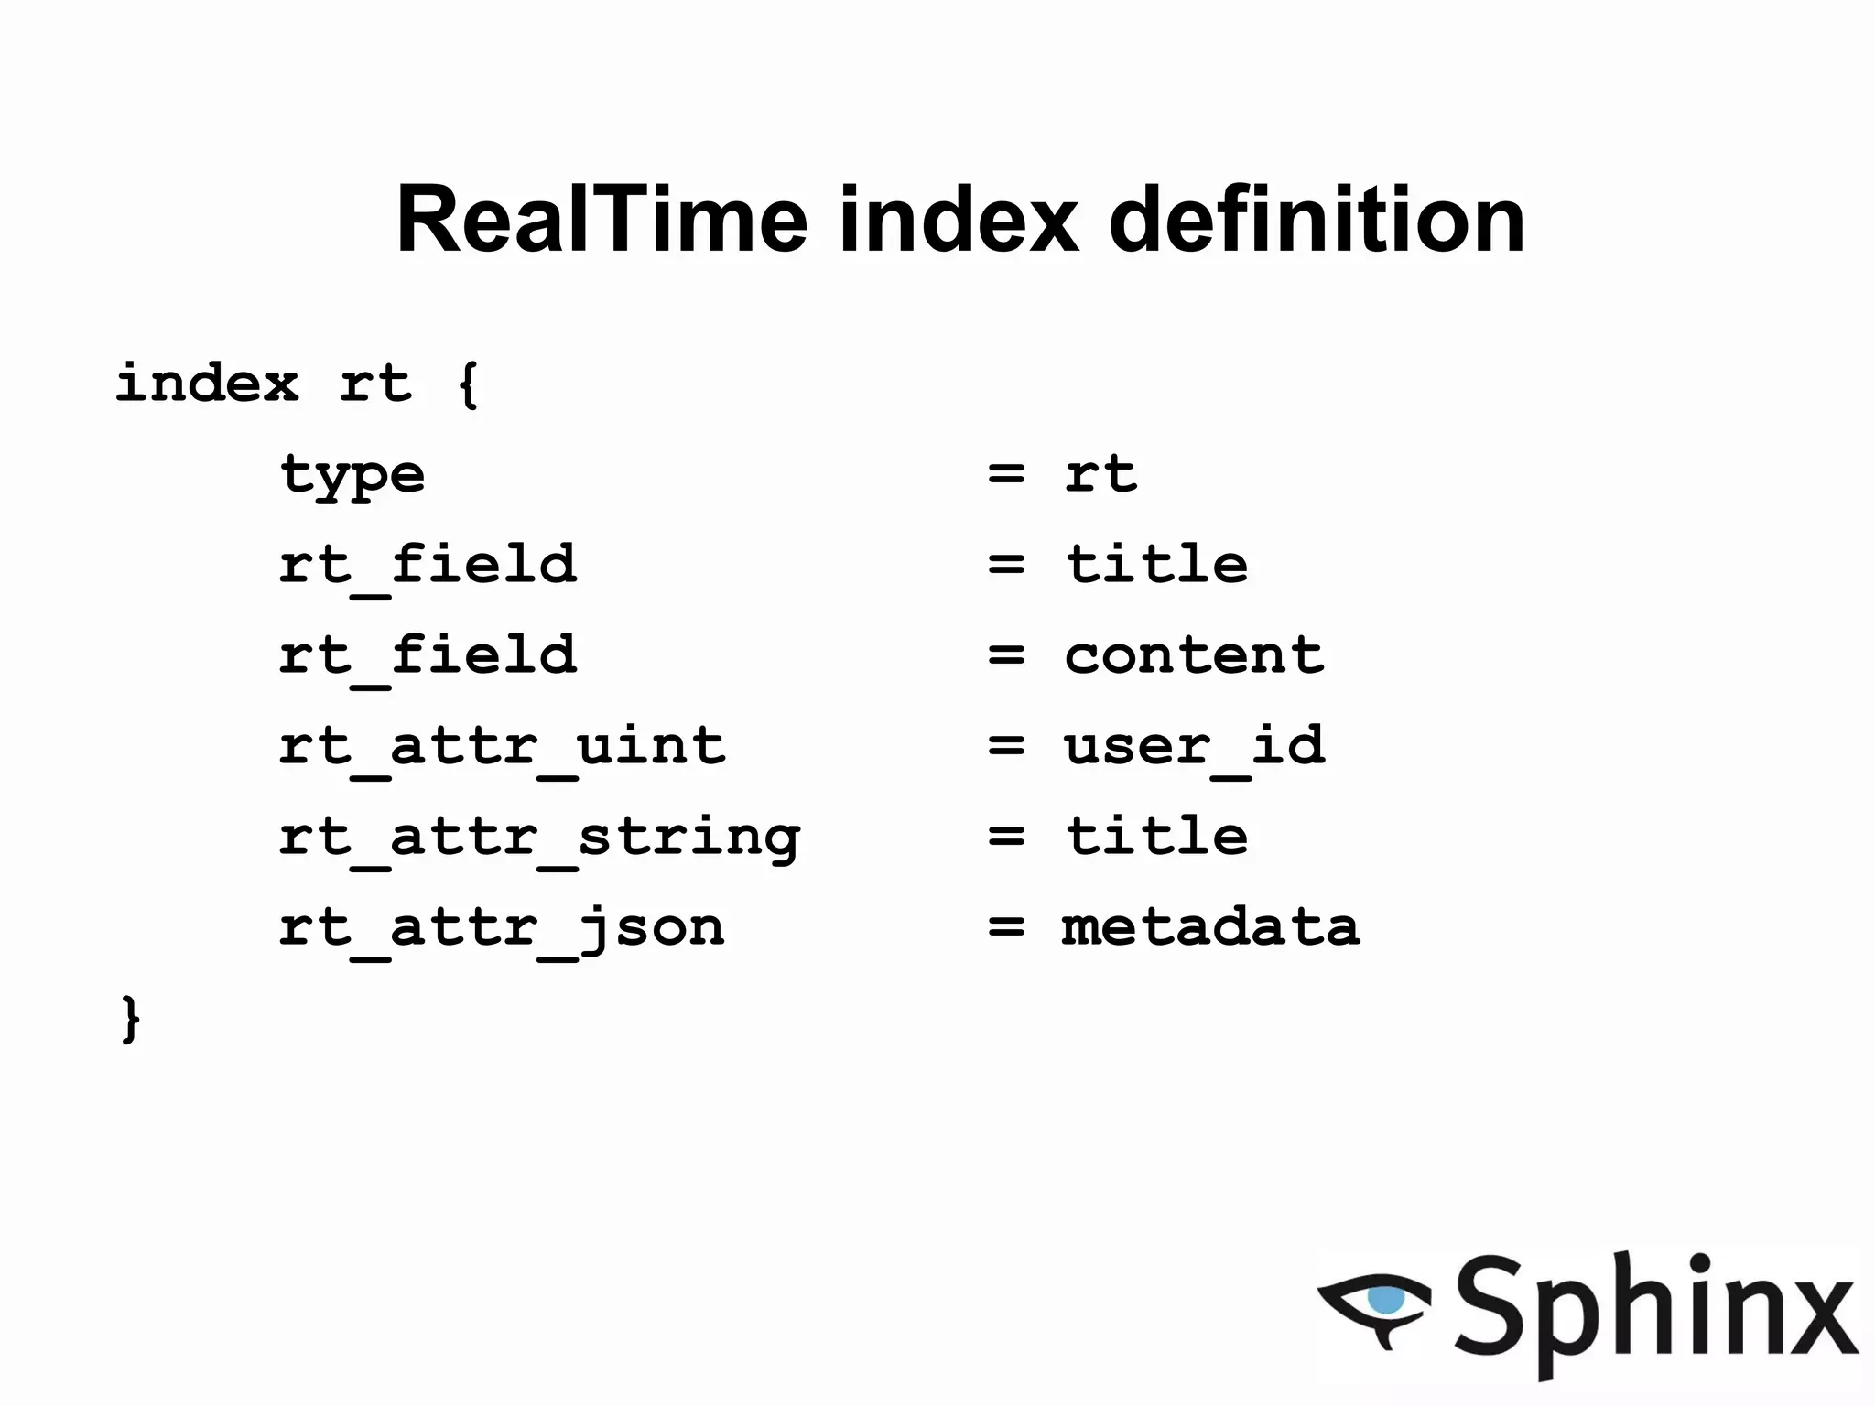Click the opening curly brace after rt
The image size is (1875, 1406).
[x=467, y=384]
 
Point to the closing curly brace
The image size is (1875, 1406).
[x=131, y=1018]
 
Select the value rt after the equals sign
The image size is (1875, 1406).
[x=1100, y=474]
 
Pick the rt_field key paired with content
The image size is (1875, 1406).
[x=428, y=655]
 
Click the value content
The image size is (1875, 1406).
[x=1194, y=655]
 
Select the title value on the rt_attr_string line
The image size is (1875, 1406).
[x=1156, y=836]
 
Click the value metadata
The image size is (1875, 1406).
[x=1210, y=926]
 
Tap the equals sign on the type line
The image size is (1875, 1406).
[x=1006, y=474]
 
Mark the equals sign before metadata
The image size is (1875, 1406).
[x=1006, y=926]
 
